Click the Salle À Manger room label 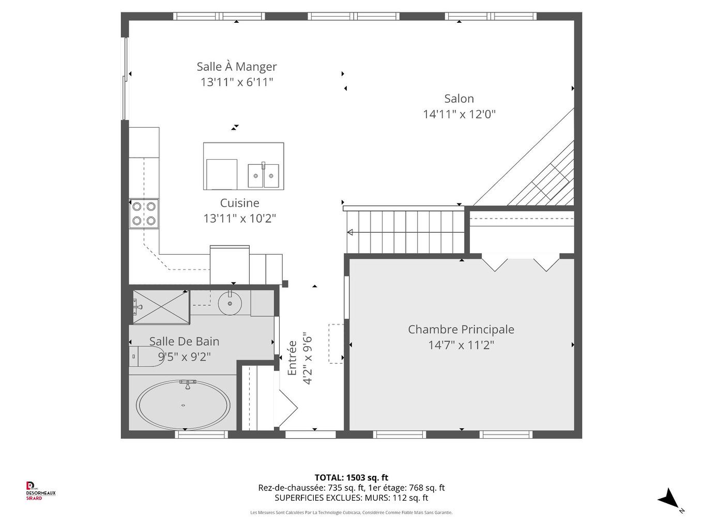[x=237, y=67]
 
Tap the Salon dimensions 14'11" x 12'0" [x=459, y=114]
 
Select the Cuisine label [x=239, y=203]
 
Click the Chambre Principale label [x=461, y=330]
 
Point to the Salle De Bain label [x=184, y=342]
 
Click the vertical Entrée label [x=292, y=358]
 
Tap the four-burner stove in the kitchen [x=144, y=213]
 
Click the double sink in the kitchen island [x=263, y=176]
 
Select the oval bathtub [x=183, y=405]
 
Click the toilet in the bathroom [x=146, y=356]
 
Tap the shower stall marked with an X [x=161, y=307]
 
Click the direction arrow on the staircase [x=350, y=233]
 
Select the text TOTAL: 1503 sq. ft [x=351, y=478]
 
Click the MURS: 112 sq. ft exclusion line [x=351, y=498]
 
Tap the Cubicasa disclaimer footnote [x=351, y=513]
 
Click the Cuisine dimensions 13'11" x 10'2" [x=239, y=219]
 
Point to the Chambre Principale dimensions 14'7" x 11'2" [x=461, y=345]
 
